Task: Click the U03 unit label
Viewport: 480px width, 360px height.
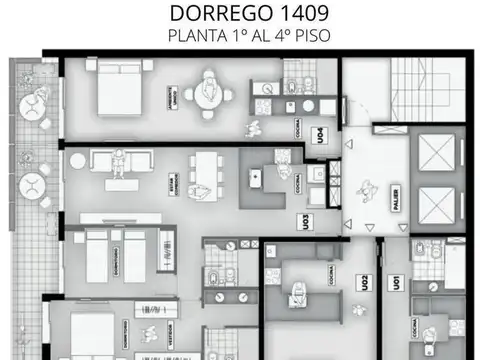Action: pos(302,222)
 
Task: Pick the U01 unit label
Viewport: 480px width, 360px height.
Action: pos(398,284)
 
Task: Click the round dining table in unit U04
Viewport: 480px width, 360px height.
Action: pos(209,94)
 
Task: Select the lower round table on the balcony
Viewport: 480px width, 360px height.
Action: pos(33,184)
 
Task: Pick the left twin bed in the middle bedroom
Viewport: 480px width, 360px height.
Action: pos(96,255)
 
